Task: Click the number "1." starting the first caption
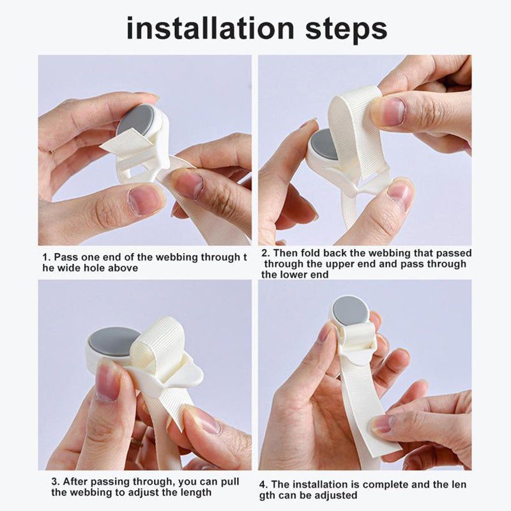pyautogui.click(x=46, y=257)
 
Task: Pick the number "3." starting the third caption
pyautogui.click(x=56, y=482)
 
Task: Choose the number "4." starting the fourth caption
pyautogui.click(x=265, y=484)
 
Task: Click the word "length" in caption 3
pyautogui.click(x=195, y=492)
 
